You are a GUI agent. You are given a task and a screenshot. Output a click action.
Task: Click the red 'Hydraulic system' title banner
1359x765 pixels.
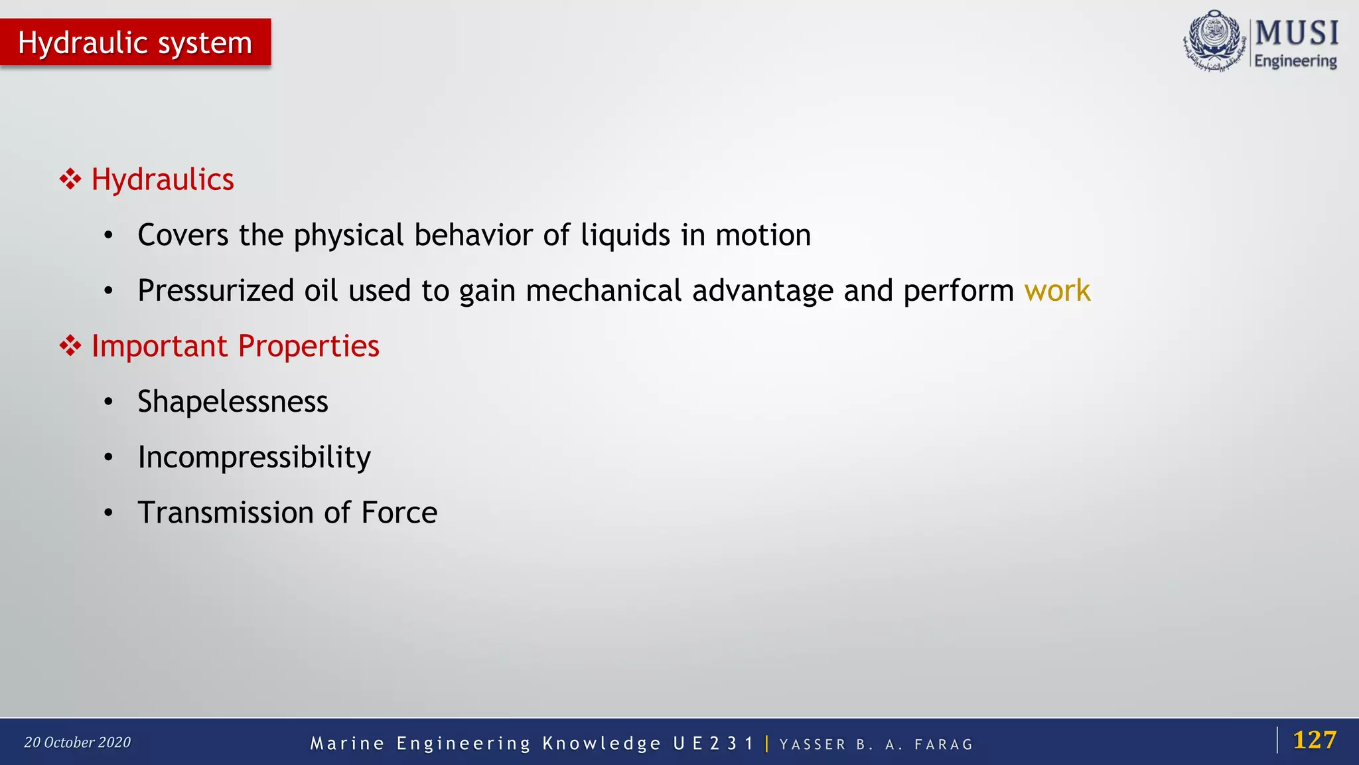pyautogui.click(x=135, y=42)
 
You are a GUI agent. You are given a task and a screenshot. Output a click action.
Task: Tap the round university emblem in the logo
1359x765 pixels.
pyautogui.click(x=1214, y=40)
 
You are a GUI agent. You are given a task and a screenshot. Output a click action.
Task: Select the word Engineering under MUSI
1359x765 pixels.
pyautogui.click(x=1295, y=61)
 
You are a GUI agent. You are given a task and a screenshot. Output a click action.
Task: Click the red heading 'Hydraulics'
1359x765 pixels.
pyautogui.click(x=163, y=179)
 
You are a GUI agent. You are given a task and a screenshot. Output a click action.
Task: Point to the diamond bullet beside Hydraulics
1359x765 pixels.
pyautogui.click(x=70, y=179)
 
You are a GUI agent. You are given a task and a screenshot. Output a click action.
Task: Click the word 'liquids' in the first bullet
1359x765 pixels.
pyautogui.click(x=625, y=235)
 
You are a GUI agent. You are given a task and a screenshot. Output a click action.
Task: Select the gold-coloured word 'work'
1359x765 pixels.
pyautogui.click(x=1057, y=291)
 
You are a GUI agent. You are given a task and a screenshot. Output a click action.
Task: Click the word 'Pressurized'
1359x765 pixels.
pyautogui.click(x=216, y=291)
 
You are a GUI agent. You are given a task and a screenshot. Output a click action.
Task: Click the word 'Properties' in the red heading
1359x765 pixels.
pyautogui.click(x=309, y=346)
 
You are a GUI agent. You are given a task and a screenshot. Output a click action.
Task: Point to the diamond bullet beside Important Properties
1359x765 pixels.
pyautogui.click(x=70, y=346)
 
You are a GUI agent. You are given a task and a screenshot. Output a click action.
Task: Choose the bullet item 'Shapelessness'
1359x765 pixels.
pyautogui.click(x=233, y=402)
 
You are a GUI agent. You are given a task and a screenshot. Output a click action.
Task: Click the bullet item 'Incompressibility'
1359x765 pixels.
pyautogui.click(x=254, y=458)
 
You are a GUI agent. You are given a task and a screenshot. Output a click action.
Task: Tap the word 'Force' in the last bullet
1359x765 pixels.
pyautogui.click(x=399, y=513)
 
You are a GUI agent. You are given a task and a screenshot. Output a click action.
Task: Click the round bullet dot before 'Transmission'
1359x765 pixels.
pyautogui.click(x=109, y=513)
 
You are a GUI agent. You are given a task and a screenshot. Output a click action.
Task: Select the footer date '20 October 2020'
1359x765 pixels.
pyautogui.click(x=78, y=742)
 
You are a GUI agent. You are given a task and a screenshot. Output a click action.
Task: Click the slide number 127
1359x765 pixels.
pyautogui.click(x=1315, y=740)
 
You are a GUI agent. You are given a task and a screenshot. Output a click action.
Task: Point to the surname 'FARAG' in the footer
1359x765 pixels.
pyautogui.click(x=944, y=744)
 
